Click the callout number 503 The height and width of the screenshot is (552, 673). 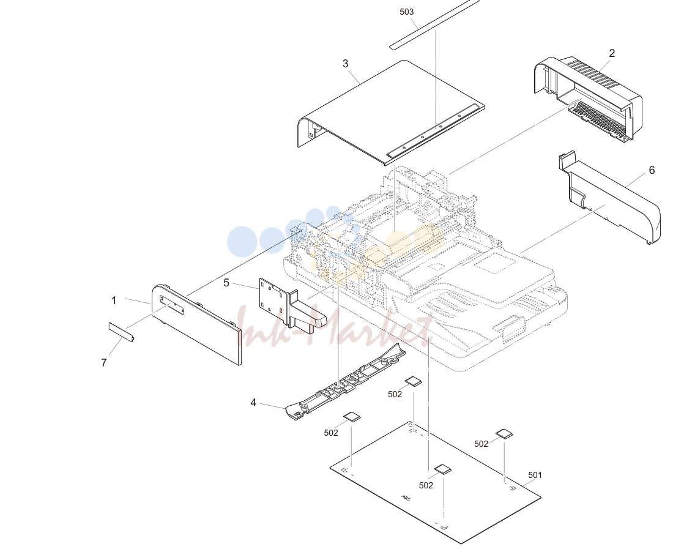tap(406, 12)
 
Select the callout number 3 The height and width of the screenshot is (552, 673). tap(346, 64)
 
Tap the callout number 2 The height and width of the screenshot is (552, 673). tap(612, 53)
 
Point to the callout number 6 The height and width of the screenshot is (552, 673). tap(652, 170)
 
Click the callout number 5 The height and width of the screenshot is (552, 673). tap(226, 283)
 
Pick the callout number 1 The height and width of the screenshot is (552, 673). tap(114, 301)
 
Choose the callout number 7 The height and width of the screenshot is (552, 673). tap(103, 363)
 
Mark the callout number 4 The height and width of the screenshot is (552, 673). tap(253, 403)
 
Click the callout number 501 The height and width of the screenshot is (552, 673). tap(535, 475)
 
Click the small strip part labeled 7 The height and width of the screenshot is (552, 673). tap(122, 332)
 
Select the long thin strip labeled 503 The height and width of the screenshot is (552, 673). tap(434, 24)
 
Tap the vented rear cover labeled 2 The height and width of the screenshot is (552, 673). tap(588, 100)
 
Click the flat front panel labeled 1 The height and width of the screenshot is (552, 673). tap(196, 324)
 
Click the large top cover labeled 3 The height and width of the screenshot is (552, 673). tap(390, 113)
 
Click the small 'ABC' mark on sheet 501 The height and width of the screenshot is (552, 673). tap(406, 498)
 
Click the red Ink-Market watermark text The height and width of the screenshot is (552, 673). tap(335, 329)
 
